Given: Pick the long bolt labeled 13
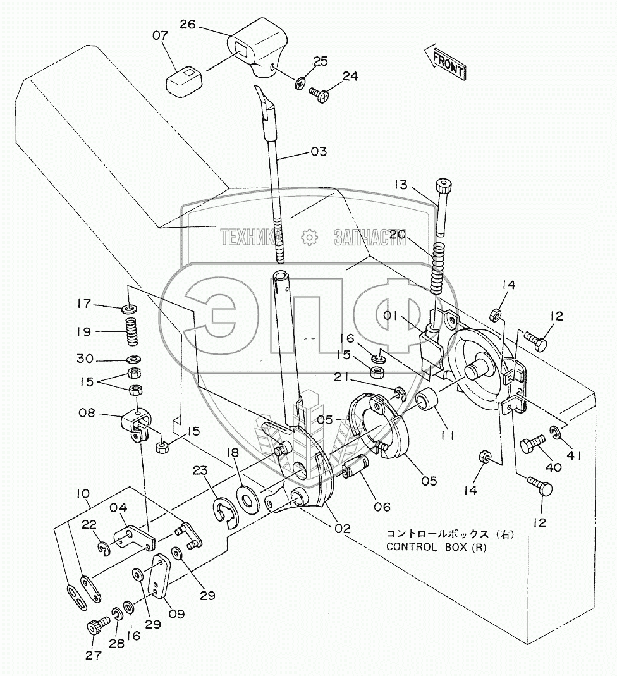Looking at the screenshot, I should point(441,209).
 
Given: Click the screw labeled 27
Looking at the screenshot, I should point(98,629).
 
